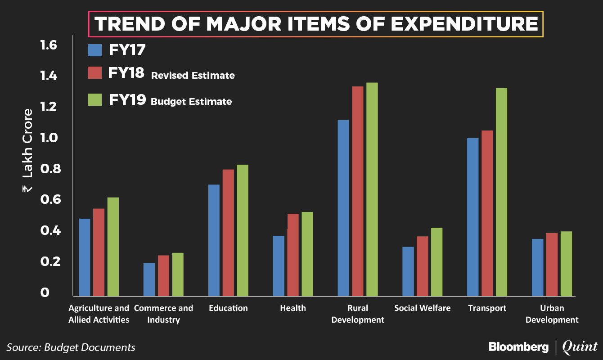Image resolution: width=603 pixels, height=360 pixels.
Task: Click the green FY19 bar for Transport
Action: (501, 192)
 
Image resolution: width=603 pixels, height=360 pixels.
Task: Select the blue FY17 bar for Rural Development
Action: (343, 207)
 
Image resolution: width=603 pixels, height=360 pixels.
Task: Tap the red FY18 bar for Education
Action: (229, 232)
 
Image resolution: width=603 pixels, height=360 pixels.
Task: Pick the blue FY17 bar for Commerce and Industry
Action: (149, 279)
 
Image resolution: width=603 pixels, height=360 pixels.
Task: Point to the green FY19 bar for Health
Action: (308, 253)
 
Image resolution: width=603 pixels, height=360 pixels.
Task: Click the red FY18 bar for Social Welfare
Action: (423, 265)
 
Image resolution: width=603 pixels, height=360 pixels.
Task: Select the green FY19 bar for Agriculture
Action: (112, 246)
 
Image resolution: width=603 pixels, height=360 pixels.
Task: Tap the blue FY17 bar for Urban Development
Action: (537, 267)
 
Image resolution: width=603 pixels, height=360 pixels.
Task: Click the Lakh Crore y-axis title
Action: (27, 151)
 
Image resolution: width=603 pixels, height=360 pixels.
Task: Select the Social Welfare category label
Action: (422, 308)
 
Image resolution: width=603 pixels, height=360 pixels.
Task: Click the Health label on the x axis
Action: (292, 308)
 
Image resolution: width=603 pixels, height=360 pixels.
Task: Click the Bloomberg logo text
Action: (518, 347)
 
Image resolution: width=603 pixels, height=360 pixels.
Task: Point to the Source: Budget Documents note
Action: (71, 347)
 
